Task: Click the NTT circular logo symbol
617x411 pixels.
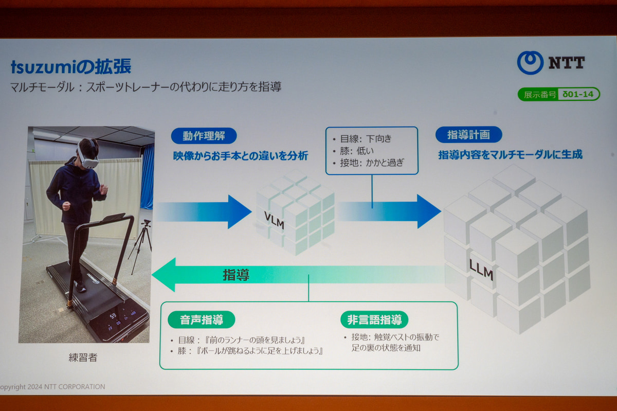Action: [x=530, y=63]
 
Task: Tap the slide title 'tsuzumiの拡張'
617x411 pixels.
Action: [x=71, y=66]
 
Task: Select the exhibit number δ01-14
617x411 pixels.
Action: [x=578, y=94]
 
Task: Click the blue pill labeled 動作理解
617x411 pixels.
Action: [x=204, y=136]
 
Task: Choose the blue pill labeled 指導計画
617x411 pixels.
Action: [x=468, y=135]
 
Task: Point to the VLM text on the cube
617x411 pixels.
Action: [x=274, y=220]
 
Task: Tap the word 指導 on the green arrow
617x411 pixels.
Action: [x=236, y=275]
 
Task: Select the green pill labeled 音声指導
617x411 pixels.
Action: [x=202, y=320]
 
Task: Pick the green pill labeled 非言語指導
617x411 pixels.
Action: [x=374, y=320]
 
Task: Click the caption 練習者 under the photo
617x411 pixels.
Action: [x=83, y=358]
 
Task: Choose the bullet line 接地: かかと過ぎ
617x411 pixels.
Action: [x=369, y=163]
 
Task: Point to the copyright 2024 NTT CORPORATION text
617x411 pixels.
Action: [x=52, y=387]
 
